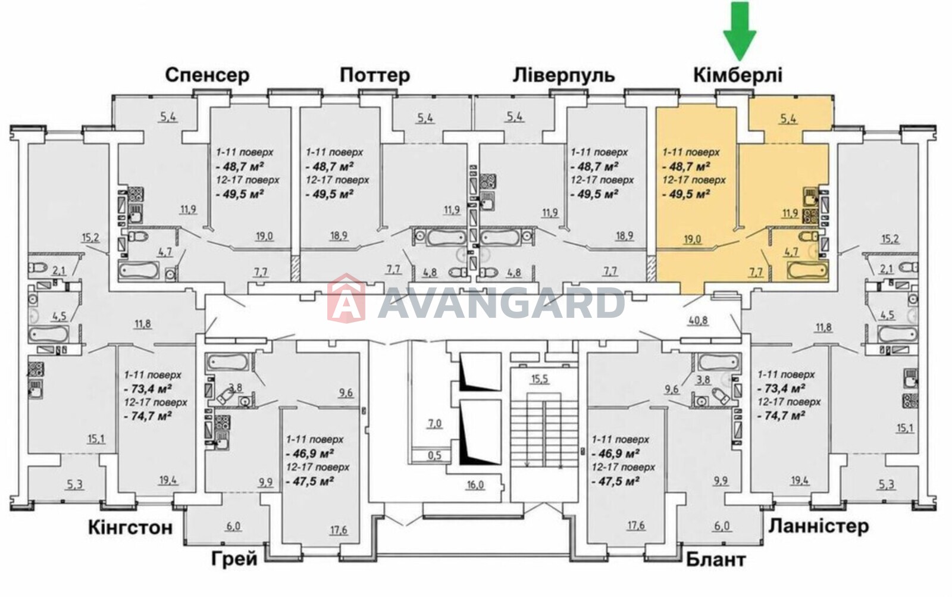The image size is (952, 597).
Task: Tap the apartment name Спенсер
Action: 208,75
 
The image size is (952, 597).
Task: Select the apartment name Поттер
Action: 375,75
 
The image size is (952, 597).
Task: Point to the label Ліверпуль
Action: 563,75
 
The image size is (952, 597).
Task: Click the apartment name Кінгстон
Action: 130,528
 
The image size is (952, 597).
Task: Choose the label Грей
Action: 234,559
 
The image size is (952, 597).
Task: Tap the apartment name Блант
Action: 716,560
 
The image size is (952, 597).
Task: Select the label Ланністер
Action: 819,526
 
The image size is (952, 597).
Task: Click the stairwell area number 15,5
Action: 539,379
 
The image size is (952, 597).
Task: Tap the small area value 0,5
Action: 434,456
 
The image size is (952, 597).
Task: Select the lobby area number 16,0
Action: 475,485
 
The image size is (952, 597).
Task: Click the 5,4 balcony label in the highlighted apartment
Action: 788,120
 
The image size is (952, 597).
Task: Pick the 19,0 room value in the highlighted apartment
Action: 693,240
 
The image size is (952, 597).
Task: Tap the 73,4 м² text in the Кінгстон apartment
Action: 148,389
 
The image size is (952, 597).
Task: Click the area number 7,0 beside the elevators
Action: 434,424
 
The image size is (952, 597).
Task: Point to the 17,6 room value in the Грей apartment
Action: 339,530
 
